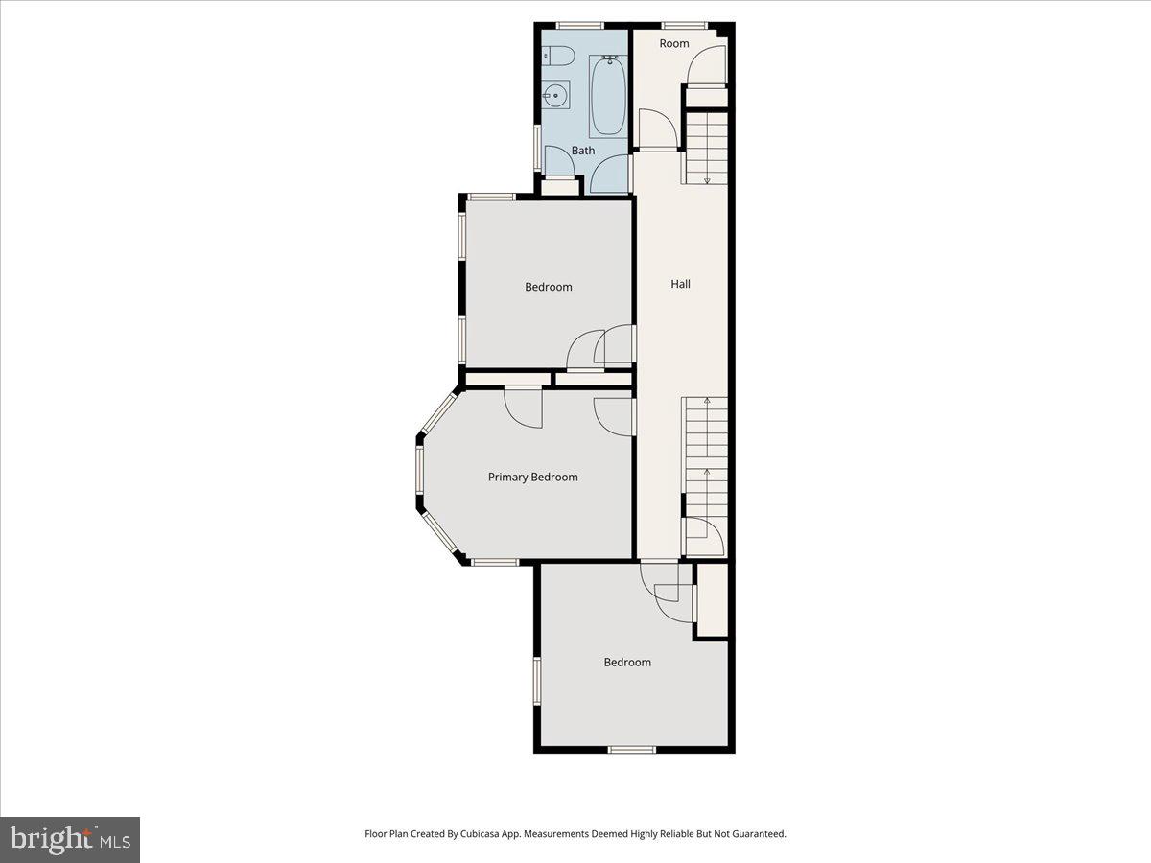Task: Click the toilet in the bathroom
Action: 556,57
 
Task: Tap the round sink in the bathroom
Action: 555,95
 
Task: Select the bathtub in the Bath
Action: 607,96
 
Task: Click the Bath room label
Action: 583,151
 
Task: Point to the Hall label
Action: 680,284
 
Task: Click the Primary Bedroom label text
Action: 532,477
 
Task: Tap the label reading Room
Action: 674,43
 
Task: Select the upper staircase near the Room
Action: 705,147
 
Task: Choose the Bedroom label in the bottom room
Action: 627,662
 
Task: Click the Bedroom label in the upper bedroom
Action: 548,287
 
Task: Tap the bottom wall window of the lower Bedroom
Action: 632,749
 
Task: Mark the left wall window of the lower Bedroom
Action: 537,681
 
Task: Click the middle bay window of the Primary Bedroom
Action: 420,477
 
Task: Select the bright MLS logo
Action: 70,840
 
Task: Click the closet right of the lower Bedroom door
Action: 711,599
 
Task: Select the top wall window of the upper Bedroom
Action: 491,197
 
